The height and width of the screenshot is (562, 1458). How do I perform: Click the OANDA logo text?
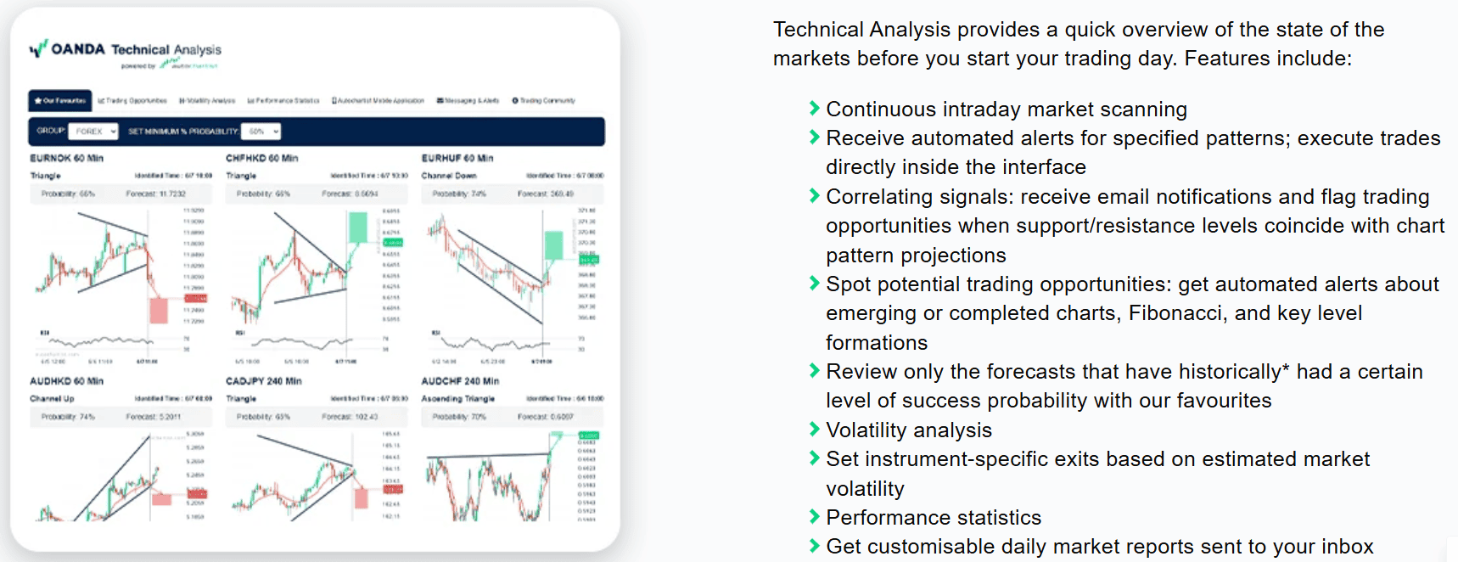pos(78,49)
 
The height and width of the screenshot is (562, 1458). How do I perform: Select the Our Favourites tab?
pos(59,100)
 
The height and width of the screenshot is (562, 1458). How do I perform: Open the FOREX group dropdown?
pos(93,132)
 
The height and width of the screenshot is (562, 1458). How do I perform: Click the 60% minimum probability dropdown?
pos(261,132)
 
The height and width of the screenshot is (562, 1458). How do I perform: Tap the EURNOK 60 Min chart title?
pos(66,158)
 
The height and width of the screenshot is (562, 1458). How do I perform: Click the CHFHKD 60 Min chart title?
pos(261,158)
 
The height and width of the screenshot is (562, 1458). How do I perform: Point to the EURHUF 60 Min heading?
pos(457,158)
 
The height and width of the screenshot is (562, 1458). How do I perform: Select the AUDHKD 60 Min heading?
pos(66,381)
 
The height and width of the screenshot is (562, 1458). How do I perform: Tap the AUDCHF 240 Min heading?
pos(460,381)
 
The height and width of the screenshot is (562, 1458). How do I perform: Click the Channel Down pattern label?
pos(448,176)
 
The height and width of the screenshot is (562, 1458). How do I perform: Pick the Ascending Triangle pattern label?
pos(457,398)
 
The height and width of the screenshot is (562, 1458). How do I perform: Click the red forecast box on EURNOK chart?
pos(159,310)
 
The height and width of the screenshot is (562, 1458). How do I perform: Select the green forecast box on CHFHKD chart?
pos(358,228)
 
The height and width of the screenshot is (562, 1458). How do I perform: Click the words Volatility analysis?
pos(908,430)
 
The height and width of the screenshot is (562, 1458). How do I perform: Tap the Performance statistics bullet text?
pos(933,518)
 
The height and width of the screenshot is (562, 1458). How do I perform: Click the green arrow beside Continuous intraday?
pos(814,108)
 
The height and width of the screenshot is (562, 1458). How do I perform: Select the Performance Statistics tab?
pos(283,100)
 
